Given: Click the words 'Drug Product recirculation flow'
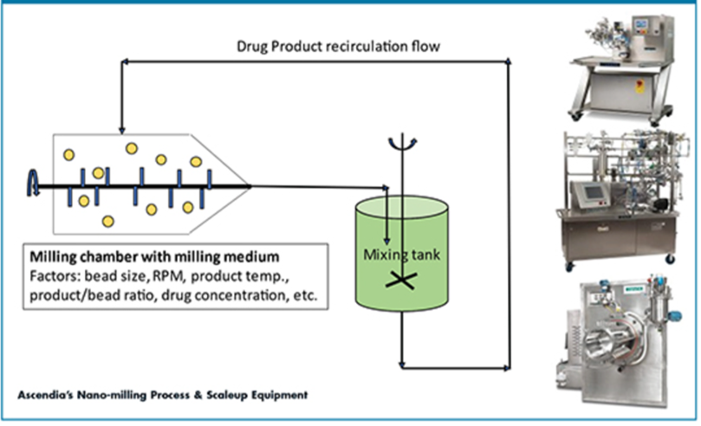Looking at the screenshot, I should pos(341,46).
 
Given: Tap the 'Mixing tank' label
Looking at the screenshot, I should pos(402,253).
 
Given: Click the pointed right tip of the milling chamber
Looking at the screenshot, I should pos(250,184).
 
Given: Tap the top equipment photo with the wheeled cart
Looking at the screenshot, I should pos(623,62).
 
